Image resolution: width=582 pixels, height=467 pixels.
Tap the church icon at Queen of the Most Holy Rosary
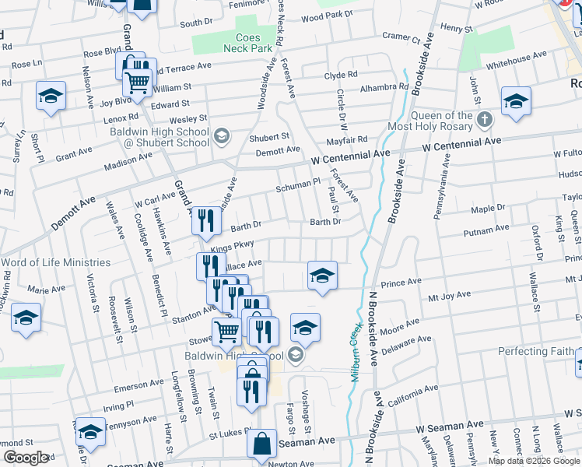click(485, 120)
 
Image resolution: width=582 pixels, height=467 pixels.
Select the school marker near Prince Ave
click(322, 275)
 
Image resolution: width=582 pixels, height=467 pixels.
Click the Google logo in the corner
click(26, 457)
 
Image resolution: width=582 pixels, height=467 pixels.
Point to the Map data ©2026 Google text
click(533, 461)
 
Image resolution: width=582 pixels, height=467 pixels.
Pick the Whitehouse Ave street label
click(517, 59)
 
